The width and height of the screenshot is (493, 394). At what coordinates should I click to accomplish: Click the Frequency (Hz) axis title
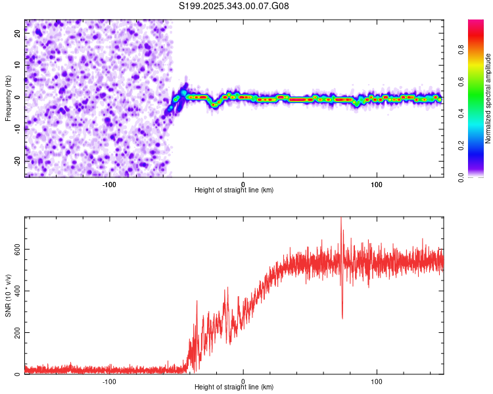[8, 98]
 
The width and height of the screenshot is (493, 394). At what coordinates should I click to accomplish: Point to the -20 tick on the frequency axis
[18, 160]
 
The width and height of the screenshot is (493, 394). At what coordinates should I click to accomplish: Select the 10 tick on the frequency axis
[18, 65]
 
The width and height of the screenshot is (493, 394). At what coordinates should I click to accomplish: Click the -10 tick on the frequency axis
[18, 129]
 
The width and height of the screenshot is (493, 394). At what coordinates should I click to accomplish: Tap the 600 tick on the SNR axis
[18, 250]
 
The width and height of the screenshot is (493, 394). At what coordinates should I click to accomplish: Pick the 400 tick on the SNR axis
[18, 291]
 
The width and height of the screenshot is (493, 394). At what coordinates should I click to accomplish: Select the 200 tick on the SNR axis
[18, 332]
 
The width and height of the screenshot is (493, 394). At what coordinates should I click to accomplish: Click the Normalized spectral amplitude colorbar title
[488, 98]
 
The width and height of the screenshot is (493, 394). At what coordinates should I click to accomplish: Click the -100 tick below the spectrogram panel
[109, 184]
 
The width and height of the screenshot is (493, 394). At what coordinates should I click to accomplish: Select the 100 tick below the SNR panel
[377, 381]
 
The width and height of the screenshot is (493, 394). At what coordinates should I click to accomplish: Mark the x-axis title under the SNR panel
[234, 387]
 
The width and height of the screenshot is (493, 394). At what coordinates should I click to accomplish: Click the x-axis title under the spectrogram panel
[234, 190]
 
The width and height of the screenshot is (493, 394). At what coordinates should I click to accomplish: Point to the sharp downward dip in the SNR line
[342, 318]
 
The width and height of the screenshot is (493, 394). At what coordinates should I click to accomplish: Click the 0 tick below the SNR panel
[243, 381]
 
